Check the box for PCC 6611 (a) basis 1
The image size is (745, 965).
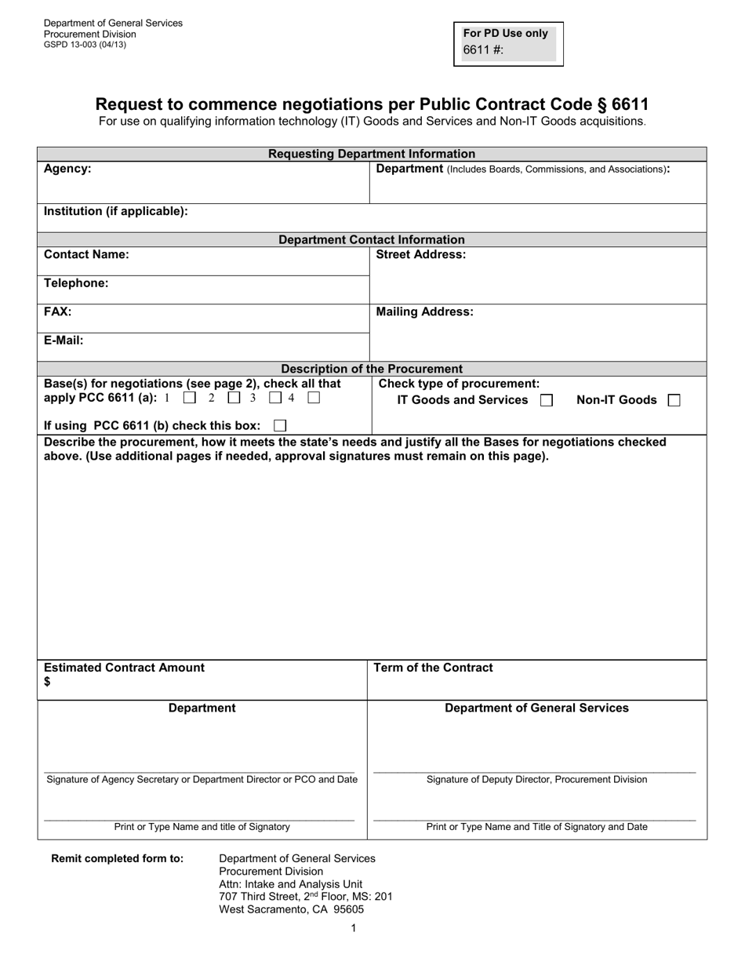point(189,398)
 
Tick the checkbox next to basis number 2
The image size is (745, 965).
point(234,398)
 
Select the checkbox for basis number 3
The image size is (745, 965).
point(275,398)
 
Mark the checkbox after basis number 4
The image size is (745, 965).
point(314,398)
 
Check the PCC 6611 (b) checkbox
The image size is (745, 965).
point(280,425)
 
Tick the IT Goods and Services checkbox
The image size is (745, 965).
point(547,400)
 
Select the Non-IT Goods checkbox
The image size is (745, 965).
point(674,400)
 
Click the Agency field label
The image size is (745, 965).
point(67,169)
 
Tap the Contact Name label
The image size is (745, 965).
point(86,254)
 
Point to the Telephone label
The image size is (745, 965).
point(76,283)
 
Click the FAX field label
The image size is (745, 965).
point(57,311)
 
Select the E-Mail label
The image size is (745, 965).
point(64,340)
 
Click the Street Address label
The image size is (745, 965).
point(421,254)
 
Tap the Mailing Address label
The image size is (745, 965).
point(424,311)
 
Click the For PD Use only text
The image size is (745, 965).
point(506,34)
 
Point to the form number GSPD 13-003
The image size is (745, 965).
point(85,45)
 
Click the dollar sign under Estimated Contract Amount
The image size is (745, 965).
point(48,682)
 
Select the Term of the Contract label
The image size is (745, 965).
point(433,668)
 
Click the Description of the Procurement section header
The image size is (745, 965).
point(372,369)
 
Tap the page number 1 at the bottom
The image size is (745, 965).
point(354,928)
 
